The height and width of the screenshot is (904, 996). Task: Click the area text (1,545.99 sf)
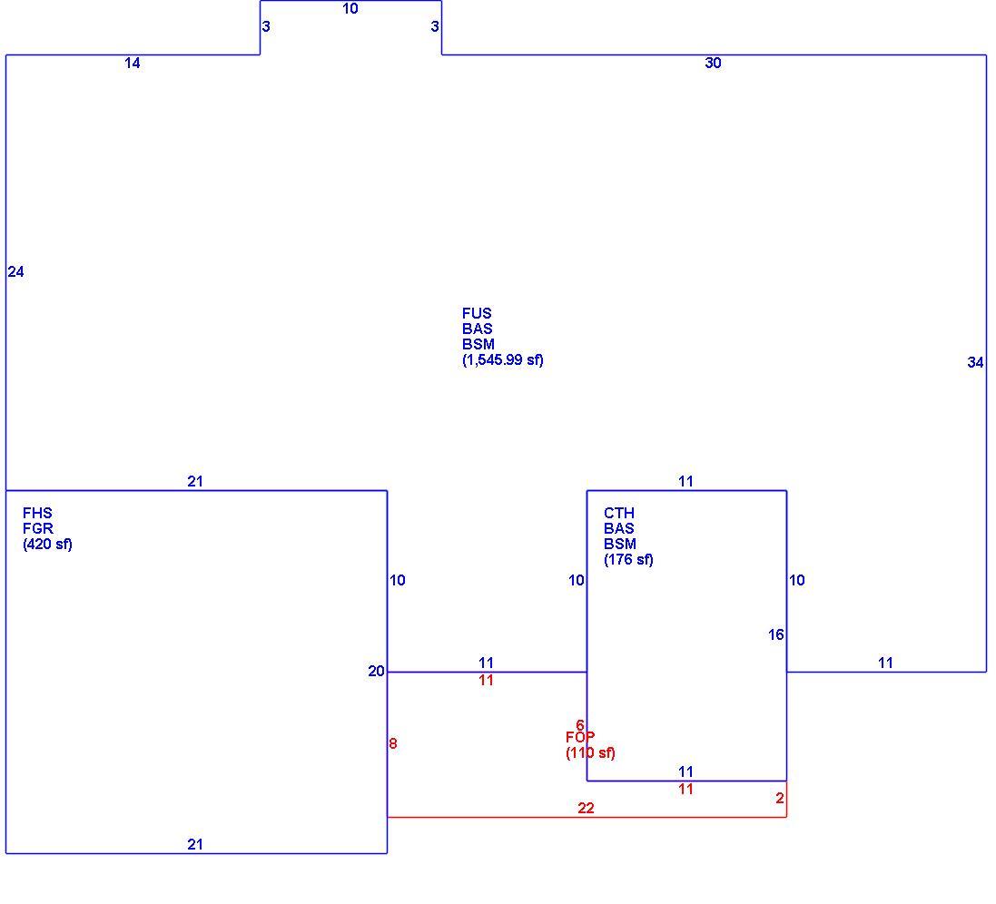click(x=502, y=360)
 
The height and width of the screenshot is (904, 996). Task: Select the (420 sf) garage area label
click(x=47, y=544)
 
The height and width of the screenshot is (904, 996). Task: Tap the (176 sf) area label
click(x=628, y=559)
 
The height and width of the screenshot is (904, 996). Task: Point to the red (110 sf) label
click(x=590, y=753)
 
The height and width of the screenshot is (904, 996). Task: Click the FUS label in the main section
click(x=477, y=313)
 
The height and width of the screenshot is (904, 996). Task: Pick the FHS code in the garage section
click(x=37, y=513)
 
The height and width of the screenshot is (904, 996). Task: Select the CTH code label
click(x=619, y=513)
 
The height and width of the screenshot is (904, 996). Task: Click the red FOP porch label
click(x=580, y=737)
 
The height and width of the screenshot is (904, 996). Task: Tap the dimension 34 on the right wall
click(x=975, y=362)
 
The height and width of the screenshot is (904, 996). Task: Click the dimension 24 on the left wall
click(x=15, y=271)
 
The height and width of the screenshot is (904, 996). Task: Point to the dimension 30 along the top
click(x=713, y=63)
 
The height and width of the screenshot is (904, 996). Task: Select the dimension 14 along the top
click(x=133, y=63)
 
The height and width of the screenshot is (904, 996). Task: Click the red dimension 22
click(x=586, y=808)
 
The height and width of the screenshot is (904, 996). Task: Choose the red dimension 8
click(x=393, y=743)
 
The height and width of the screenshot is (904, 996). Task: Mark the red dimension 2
click(x=780, y=798)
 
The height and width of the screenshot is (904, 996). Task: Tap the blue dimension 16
click(x=775, y=634)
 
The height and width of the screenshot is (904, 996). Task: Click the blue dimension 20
click(x=376, y=671)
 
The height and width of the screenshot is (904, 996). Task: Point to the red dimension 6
click(x=580, y=725)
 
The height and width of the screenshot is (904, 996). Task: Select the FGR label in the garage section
click(x=38, y=528)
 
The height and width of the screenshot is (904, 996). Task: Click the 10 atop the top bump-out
click(x=350, y=9)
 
